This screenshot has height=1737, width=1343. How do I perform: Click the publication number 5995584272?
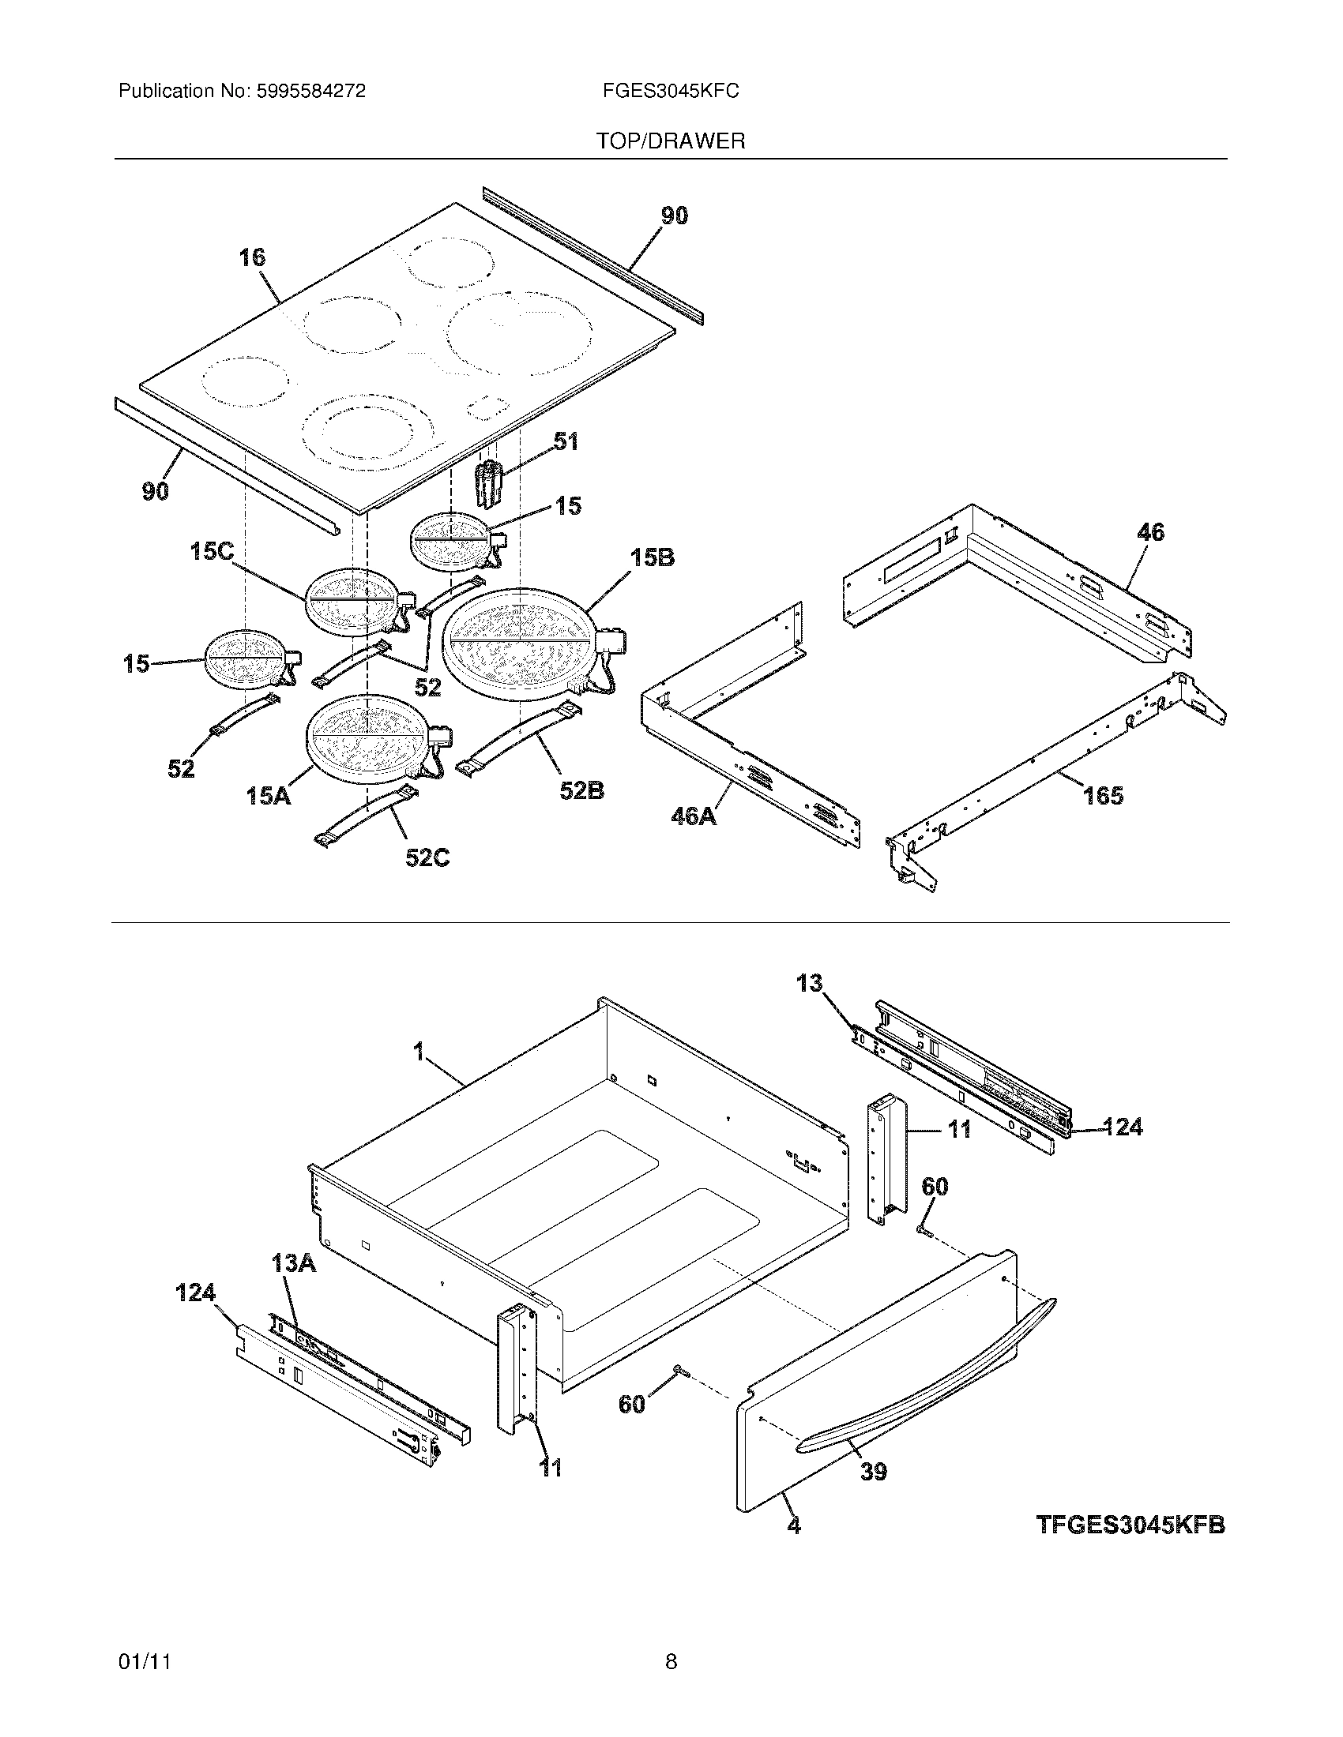pos(310,92)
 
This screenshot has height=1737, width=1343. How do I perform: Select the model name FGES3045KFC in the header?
pos(671,92)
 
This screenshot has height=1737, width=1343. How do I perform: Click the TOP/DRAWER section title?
pos(671,141)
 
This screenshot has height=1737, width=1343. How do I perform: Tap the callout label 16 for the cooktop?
pos(251,257)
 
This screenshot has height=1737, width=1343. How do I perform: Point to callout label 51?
pos(566,441)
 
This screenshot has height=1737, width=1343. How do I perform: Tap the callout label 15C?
pos(212,551)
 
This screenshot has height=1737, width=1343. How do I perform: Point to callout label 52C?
pos(427,857)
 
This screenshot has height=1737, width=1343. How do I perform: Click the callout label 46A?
pos(693,816)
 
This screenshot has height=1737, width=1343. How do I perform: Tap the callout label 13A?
pos(293,1263)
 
